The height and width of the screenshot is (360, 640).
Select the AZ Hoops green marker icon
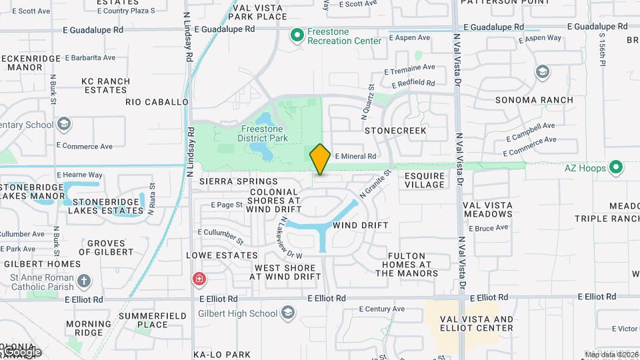pos(617,167)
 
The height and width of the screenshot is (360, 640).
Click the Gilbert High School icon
pos(287,313)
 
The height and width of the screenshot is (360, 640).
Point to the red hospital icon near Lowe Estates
pos(198,279)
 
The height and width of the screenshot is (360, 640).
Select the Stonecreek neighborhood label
pos(395,131)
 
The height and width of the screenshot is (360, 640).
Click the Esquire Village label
pos(425,180)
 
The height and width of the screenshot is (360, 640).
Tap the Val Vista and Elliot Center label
pos(477,323)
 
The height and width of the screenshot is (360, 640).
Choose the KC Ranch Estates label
pos(105,85)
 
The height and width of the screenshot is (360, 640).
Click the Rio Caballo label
pos(157,102)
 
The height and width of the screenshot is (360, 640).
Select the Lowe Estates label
pos(222,255)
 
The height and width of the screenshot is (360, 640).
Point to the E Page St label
pos(220,205)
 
